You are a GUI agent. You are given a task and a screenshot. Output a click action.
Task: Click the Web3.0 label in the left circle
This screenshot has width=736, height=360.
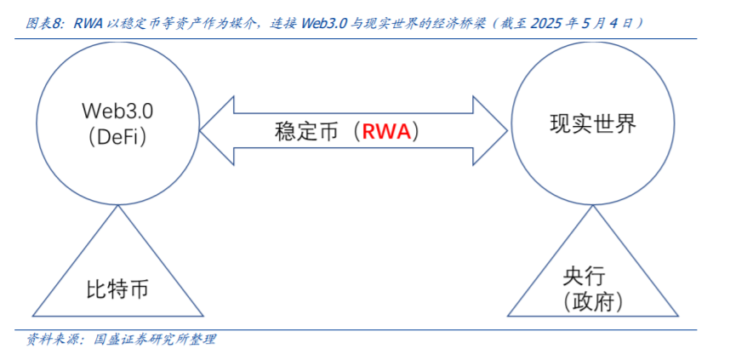(x=118, y=110)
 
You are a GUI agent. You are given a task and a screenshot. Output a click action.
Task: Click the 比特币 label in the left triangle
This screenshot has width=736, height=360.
(x=117, y=289)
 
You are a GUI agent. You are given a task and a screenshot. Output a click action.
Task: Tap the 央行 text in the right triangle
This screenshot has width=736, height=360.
(x=583, y=277)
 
